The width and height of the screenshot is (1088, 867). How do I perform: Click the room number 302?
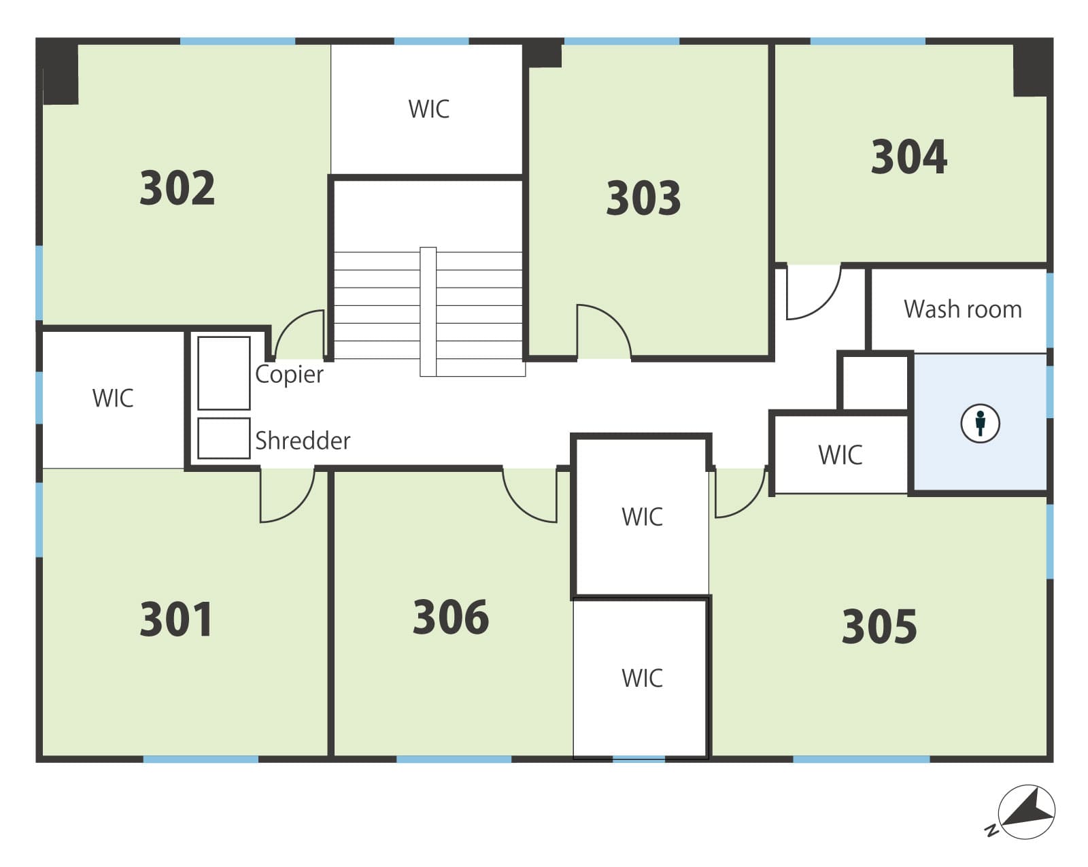pyautogui.click(x=177, y=188)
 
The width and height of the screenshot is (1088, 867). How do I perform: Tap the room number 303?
pyautogui.click(x=643, y=198)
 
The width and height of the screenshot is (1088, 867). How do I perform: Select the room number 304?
pyautogui.click(x=908, y=156)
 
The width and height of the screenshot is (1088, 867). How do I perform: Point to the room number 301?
pyautogui.click(x=175, y=619)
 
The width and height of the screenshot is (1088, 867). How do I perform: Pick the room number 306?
pyautogui.click(x=450, y=617)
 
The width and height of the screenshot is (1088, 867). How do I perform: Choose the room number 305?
pyautogui.click(x=879, y=627)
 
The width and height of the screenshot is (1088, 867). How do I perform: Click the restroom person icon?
pyautogui.click(x=981, y=424)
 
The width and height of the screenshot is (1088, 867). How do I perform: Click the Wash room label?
pyautogui.click(x=963, y=309)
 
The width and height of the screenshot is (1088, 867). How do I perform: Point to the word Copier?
pyautogui.click(x=289, y=375)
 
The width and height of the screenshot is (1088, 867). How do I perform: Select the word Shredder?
pyautogui.click(x=303, y=441)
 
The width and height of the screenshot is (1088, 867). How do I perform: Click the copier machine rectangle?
pyautogui.click(x=224, y=373)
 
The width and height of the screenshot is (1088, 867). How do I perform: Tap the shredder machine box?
pyautogui.click(x=224, y=439)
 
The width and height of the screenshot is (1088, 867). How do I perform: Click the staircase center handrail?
pyautogui.click(x=428, y=312)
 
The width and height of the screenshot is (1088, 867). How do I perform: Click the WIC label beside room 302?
pyautogui.click(x=428, y=109)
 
